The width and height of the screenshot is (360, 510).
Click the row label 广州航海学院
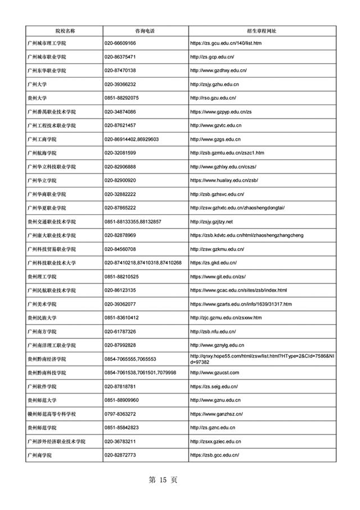pos(42,153)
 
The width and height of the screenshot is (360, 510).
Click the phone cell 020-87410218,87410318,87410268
pos(143,263)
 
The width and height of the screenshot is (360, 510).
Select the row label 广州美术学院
pos(42,304)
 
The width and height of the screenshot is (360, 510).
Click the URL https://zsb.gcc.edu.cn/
pos(215,455)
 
